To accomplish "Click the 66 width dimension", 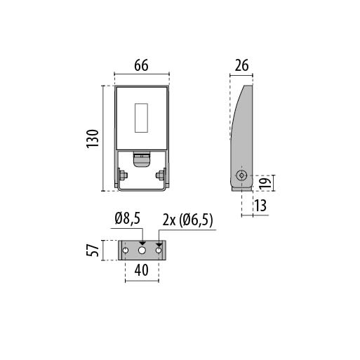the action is point(141,65).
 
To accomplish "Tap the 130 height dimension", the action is point(93,138).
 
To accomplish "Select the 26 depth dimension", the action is point(241,65).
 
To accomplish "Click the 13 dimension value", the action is point(260,206).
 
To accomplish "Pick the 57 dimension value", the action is point(93,250).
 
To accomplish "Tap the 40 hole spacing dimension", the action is point(141,270).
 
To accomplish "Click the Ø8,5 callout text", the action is point(128,219).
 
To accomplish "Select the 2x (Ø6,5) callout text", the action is point(187,220).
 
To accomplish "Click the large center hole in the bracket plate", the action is point(142,251).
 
